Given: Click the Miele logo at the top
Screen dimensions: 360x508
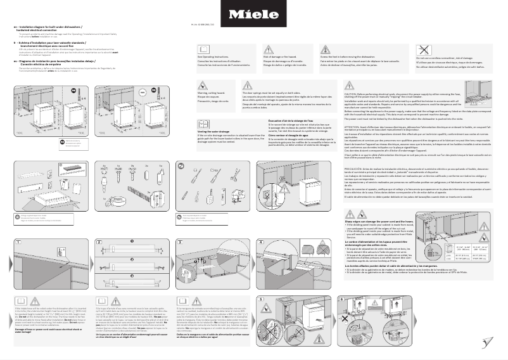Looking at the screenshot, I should click(253, 13).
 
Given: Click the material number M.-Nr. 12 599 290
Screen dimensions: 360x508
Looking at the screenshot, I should click(253, 24).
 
